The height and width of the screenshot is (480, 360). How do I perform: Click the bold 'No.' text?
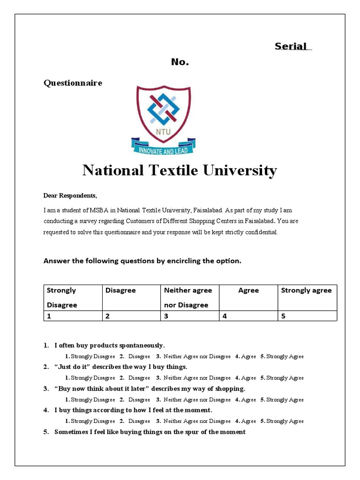(180, 62)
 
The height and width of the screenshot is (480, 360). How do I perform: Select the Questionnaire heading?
(73, 83)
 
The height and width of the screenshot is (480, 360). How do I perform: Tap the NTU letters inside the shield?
(164, 131)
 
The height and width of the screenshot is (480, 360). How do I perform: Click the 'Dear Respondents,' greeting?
(70, 195)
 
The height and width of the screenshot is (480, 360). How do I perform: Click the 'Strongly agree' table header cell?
(306, 291)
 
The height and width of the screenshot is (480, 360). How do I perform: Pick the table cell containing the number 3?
(189, 316)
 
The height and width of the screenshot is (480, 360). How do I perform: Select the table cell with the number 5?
(307, 316)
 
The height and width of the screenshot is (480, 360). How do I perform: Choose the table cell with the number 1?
(73, 316)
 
